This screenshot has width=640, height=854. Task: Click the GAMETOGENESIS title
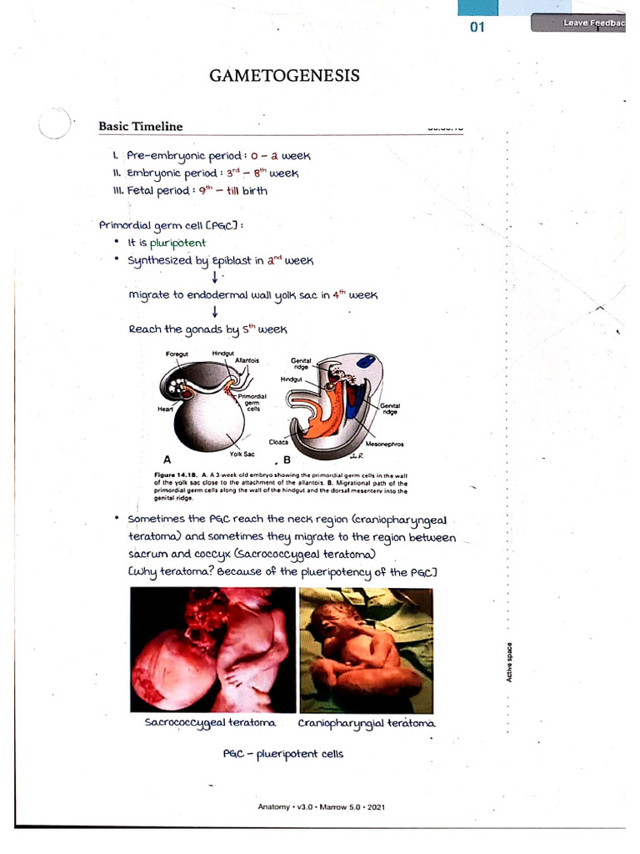[284, 76]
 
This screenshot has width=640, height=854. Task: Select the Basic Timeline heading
[140, 127]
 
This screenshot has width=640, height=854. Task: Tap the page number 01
[477, 27]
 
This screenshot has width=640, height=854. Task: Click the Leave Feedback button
[591, 23]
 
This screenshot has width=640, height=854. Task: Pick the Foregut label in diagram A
[177, 354]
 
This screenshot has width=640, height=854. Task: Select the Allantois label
[247, 360]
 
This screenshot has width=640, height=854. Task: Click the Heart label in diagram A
[164, 409]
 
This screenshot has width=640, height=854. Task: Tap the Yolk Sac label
[242, 453]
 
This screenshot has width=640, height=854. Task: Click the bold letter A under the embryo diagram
[167, 460]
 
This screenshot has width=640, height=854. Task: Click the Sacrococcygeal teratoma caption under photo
[210, 723]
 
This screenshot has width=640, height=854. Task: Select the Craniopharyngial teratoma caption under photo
[366, 723]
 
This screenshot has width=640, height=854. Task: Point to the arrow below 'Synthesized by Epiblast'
[215, 278]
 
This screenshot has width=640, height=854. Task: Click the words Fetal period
[151, 190]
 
